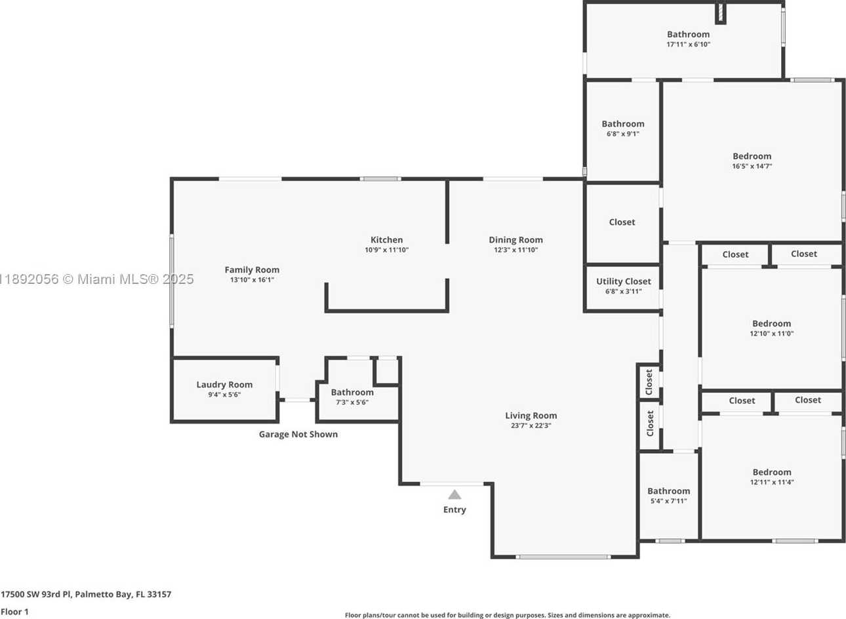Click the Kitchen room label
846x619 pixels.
tap(386, 240)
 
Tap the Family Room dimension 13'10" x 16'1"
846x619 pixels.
tap(252, 280)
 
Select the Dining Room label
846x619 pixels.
tap(515, 240)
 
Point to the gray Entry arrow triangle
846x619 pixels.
tap(454, 494)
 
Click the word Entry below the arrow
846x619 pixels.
tap(454, 510)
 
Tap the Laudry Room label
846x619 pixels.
tap(224, 384)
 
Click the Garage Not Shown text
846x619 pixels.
tap(298, 434)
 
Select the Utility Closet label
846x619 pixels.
tap(624, 281)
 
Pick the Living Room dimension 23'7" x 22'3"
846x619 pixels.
tap(531, 426)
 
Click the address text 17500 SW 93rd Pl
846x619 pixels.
tap(36, 594)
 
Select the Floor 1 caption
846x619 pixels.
tap(14, 611)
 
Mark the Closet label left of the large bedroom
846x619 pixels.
tap(622, 222)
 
